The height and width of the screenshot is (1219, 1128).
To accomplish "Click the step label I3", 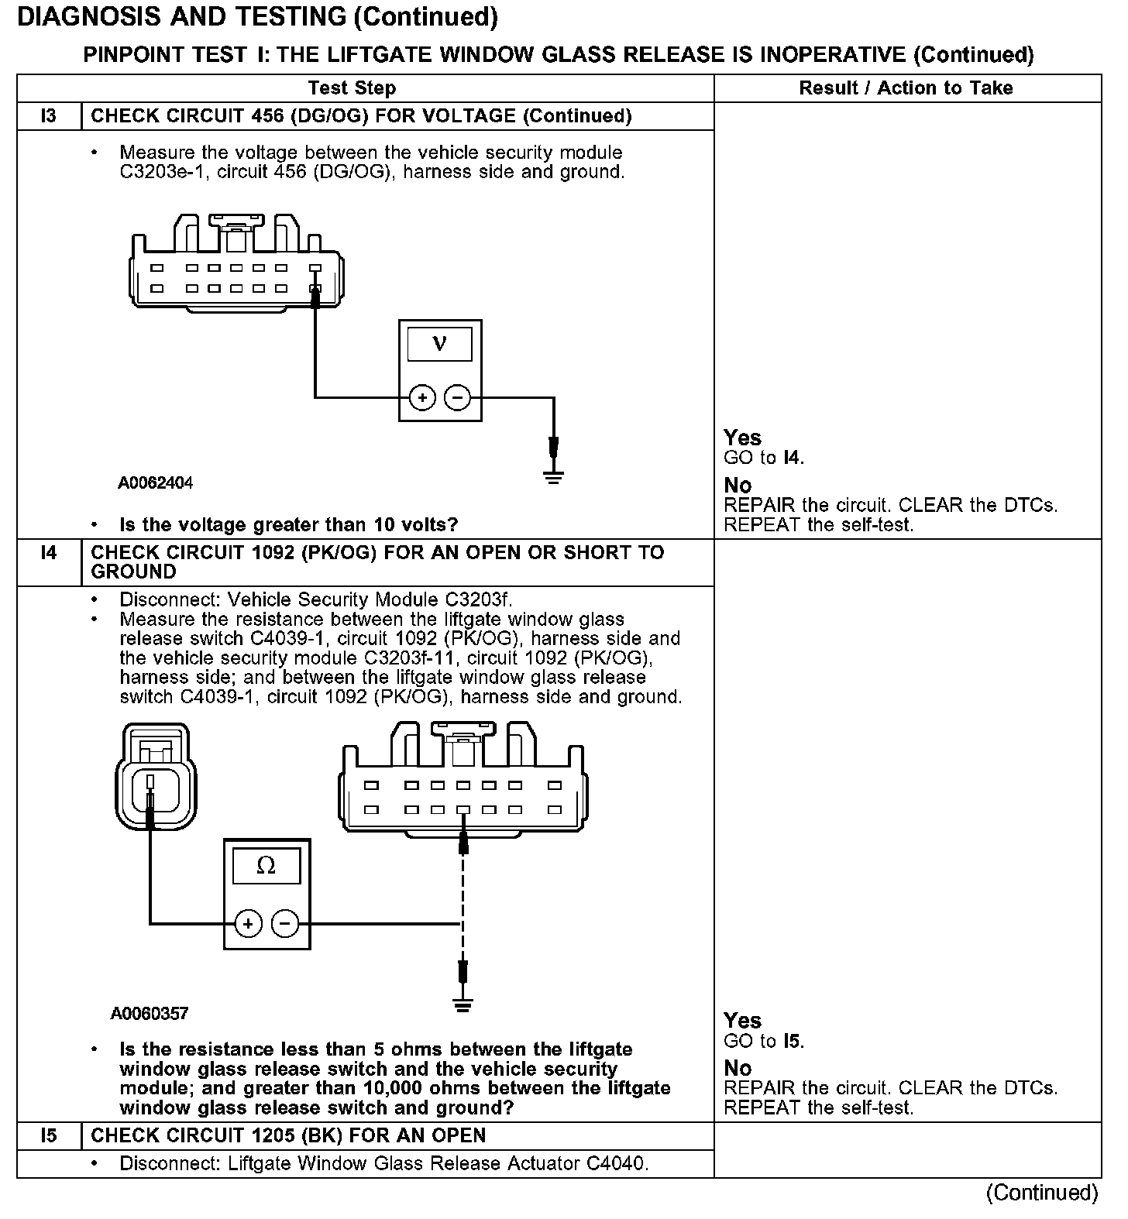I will pyautogui.click(x=48, y=116).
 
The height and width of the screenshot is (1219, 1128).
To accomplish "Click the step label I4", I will pyautogui.click(x=48, y=553).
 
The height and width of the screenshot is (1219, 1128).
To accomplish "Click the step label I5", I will pyautogui.click(x=48, y=1136).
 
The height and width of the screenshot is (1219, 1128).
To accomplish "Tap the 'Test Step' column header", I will pyautogui.click(x=352, y=88).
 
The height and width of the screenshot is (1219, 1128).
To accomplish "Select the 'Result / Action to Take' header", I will pyautogui.click(x=906, y=88).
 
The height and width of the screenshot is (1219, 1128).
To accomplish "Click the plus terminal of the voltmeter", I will pyautogui.click(x=422, y=398).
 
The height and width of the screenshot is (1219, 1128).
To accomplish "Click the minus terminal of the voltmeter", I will pyautogui.click(x=457, y=398).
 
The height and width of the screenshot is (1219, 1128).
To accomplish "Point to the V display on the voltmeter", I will pyautogui.click(x=439, y=343).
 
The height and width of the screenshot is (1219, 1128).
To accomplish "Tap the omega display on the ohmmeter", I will pyautogui.click(x=266, y=866).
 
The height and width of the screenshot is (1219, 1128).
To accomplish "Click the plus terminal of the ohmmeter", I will pyautogui.click(x=248, y=924).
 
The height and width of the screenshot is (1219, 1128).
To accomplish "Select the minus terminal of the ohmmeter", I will pyautogui.click(x=285, y=924).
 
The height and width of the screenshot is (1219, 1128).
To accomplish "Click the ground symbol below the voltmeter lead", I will pyautogui.click(x=553, y=476).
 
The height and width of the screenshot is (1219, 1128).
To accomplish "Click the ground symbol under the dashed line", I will pyautogui.click(x=463, y=1006).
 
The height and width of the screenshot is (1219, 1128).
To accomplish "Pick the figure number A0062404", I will pyautogui.click(x=155, y=483).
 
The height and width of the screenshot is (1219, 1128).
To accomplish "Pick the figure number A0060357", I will pyautogui.click(x=150, y=1014).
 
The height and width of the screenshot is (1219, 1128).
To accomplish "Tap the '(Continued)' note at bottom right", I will pyautogui.click(x=1042, y=1193).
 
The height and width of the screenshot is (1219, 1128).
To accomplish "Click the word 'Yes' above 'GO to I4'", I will pyautogui.click(x=742, y=438).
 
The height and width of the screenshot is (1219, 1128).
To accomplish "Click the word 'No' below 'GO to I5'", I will pyautogui.click(x=738, y=1069).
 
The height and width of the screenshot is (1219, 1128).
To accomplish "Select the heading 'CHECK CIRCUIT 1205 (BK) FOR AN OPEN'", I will pyautogui.click(x=288, y=1136).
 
